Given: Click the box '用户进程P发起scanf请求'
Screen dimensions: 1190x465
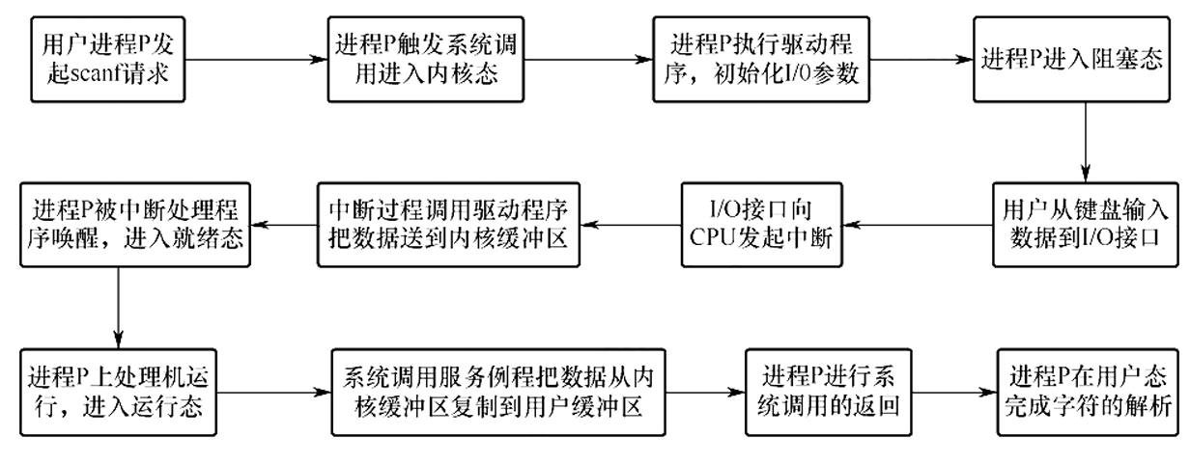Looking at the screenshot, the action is (x=108, y=59).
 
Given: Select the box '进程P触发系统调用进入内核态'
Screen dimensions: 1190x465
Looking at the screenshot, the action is (x=426, y=59).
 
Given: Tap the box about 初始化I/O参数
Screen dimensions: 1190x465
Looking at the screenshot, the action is (x=761, y=59).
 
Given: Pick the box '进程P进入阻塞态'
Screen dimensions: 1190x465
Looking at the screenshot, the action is (x=1071, y=59).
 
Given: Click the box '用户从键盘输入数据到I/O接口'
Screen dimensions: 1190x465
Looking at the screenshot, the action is (x=1085, y=225).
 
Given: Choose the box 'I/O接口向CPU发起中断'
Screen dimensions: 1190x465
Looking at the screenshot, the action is (x=762, y=225).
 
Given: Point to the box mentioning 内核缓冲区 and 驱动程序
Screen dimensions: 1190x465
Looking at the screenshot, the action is (x=448, y=225).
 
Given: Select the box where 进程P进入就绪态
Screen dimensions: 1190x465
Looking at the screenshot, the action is (x=135, y=225).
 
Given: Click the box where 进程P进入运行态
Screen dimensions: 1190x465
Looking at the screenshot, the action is (x=118, y=393).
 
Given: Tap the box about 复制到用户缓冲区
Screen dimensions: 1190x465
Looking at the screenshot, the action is (x=498, y=393).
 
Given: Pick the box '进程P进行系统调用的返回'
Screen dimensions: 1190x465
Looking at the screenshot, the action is (x=828, y=393).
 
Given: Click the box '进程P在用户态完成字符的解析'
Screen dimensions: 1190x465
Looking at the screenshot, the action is (x=1087, y=393).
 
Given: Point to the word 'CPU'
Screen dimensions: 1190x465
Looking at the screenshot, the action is (x=713, y=237).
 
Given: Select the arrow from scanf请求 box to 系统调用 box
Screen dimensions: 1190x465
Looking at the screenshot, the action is (x=256, y=59).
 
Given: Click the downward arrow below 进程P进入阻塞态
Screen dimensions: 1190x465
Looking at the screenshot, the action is (x=1085, y=142).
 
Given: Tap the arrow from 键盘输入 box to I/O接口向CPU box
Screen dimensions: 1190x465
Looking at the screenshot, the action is (x=918, y=225).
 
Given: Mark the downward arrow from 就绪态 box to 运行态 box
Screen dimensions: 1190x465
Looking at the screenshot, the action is (x=118, y=308).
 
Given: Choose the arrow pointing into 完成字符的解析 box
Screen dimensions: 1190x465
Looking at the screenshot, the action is (x=954, y=393).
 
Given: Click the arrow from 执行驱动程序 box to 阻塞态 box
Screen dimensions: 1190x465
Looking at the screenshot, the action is (x=921, y=59).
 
